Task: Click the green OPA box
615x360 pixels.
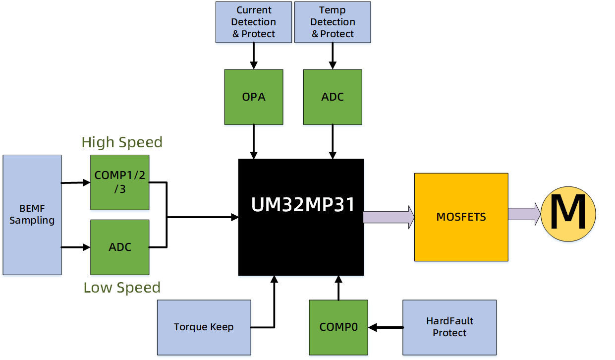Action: pos(253,97)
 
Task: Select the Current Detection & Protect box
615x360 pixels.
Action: pos(253,22)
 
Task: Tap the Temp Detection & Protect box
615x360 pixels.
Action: pos(333,22)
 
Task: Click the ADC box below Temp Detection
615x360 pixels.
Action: pos(333,97)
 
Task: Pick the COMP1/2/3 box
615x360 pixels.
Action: pos(120,182)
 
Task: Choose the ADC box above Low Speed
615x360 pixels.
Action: pos(120,247)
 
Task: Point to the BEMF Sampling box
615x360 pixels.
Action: pos(32,215)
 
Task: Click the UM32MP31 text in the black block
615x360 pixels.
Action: pos(303,204)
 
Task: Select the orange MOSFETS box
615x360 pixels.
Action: pos(461,217)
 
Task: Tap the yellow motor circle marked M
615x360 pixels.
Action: pos(568,214)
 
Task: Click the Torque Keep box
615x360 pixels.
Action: pos(204,327)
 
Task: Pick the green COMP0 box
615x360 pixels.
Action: pos(338,327)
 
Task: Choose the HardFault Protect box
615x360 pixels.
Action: pos(449,327)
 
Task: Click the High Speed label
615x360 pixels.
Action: pos(122,142)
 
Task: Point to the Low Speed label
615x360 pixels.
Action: pos(122,288)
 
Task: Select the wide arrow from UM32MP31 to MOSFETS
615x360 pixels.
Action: pos(389,217)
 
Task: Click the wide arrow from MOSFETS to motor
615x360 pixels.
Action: pos(524,214)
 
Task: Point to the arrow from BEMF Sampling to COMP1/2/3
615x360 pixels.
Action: pos(76,182)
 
